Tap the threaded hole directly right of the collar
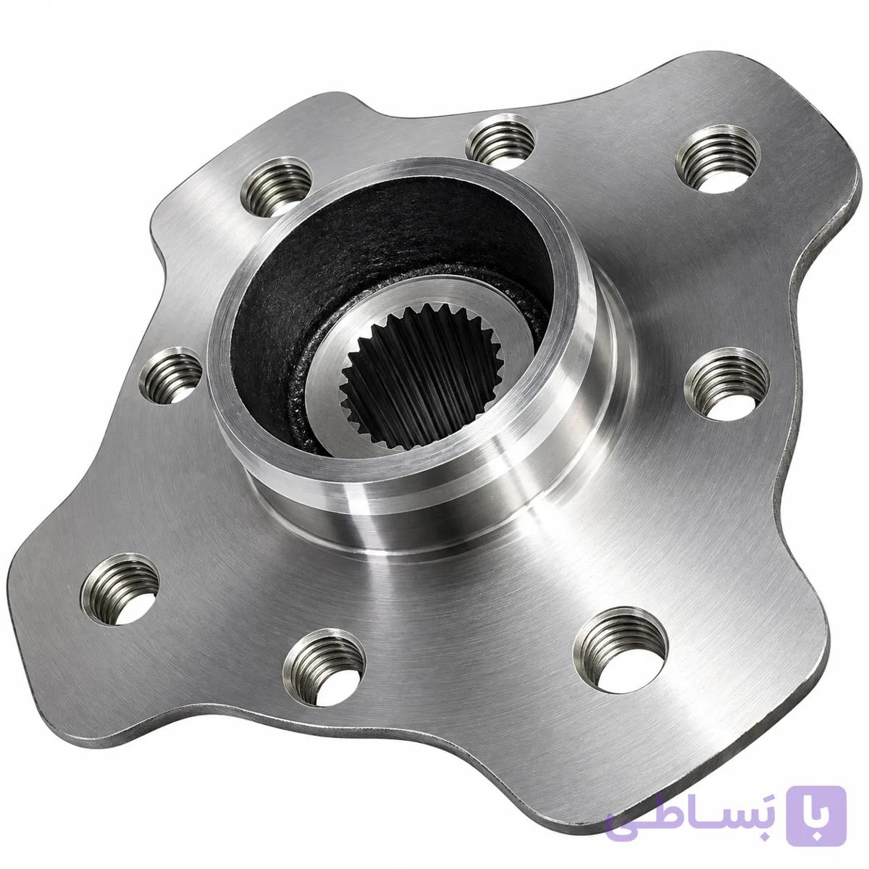(726, 385)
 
